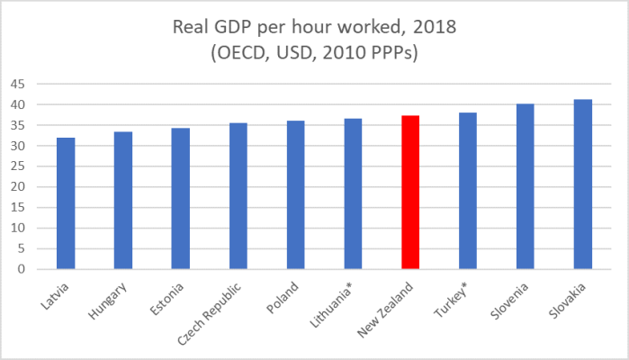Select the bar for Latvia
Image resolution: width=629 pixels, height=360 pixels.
[66, 203]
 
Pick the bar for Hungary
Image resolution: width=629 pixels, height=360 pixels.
[123, 200]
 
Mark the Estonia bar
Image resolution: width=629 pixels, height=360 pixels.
[181, 198]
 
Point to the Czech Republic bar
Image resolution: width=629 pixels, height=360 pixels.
[238, 195]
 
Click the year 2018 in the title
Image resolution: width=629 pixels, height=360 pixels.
[434, 27]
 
